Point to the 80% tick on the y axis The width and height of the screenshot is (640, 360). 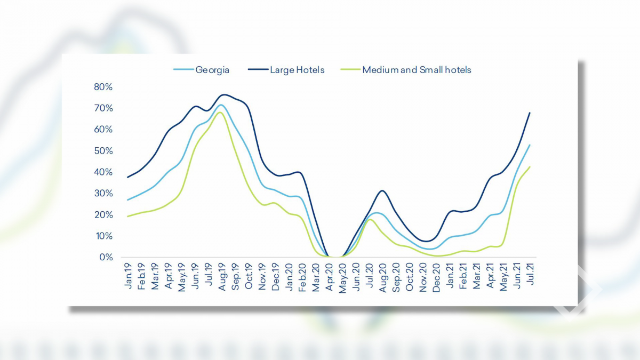[103, 87]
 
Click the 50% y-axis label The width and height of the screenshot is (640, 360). [103, 151]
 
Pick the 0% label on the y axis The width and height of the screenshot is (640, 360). [106, 258]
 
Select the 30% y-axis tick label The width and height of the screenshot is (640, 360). [103, 194]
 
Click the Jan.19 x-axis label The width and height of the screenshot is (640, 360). [128, 276]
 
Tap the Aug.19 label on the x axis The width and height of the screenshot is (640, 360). [222, 276]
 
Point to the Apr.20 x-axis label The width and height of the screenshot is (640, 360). [329, 276]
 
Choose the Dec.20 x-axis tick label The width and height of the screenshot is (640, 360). [436, 276]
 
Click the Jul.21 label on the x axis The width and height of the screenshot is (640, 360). [530, 275]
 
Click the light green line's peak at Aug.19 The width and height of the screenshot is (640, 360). [220, 112]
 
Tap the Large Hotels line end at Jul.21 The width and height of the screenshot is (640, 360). [530, 113]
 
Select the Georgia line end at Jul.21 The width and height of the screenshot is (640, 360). [530, 145]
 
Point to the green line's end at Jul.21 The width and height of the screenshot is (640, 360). [530, 166]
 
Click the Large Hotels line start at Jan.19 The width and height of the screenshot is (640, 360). [127, 177]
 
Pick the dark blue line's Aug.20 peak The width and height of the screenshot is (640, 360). [382, 190]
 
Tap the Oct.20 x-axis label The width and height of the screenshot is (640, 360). [410, 276]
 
